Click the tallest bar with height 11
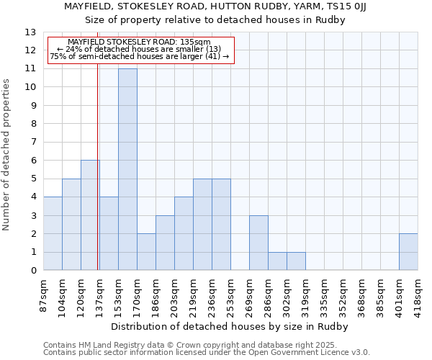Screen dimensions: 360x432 (127, 169)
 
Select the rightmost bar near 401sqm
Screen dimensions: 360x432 (408, 252)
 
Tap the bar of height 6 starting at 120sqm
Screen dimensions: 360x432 (90, 215)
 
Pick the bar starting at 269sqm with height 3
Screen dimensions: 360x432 (258, 243)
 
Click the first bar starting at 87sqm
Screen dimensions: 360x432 (53, 233)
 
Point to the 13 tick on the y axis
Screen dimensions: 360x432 (30, 32)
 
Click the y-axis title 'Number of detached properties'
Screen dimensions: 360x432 (7, 155)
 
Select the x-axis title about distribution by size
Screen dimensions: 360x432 (230, 326)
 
